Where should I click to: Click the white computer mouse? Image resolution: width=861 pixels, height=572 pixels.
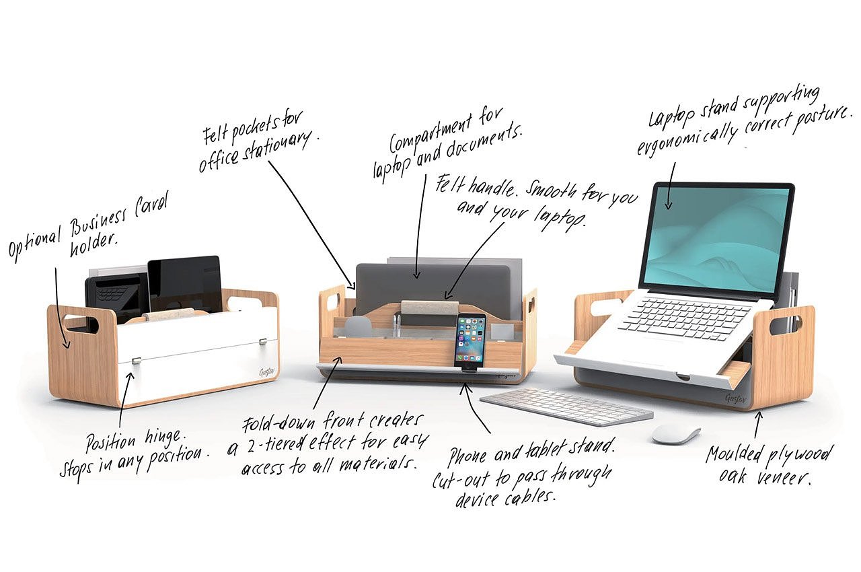point(675,434)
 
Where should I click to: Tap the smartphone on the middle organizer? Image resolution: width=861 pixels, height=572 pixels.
point(470,339)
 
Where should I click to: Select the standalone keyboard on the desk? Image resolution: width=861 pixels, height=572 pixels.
point(566,406)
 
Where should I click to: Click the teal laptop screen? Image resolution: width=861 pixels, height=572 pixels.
point(716,233)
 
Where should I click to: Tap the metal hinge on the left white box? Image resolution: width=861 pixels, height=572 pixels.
point(136,360)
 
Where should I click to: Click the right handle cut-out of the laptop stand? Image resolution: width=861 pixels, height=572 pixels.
point(786,322)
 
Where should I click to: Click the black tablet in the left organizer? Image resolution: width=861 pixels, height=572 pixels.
point(185,282)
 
